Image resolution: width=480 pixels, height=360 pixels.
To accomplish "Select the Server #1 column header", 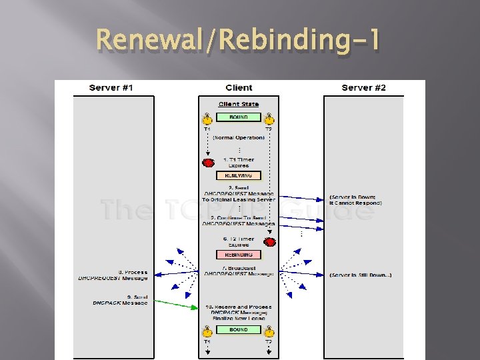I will [x=113, y=88].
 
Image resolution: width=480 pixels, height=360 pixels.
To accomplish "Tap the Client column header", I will [x=239, y=88].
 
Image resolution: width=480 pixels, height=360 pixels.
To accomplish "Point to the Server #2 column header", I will [x=363, y=88].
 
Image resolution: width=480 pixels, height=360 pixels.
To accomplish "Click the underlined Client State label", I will [x=239, y=104].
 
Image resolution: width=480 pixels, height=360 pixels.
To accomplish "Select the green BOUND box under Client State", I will [x=239, y=117].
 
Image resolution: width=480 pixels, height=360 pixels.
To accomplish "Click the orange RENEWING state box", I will [x=239, y=176].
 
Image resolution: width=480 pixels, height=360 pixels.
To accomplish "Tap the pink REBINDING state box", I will [x=239, y=255].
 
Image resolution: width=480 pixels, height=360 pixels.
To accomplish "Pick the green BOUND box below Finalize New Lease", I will [x=239, y=330].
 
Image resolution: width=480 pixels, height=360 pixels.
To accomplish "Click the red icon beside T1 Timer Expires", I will [x=208, y=163].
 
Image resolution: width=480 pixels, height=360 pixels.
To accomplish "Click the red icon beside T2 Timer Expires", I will [x=270, y=242].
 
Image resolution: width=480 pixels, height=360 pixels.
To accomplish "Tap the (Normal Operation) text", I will [x=239, y=138].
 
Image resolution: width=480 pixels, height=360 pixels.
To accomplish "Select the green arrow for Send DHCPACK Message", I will [x=177, y=304].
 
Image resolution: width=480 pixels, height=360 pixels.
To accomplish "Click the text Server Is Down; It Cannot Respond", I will [x=356, y=200].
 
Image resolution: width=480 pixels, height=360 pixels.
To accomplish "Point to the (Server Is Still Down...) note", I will [x=361, y=275].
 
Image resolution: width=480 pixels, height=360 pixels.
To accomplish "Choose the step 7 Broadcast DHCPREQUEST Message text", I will [x=239, y=271].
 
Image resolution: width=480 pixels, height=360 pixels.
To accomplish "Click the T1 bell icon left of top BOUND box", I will [x=207, y=119].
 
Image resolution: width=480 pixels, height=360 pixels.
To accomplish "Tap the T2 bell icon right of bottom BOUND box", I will [x=269, y=331].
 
